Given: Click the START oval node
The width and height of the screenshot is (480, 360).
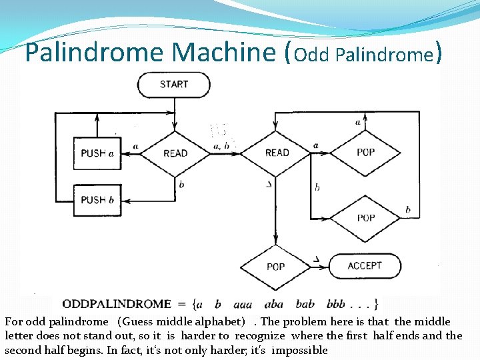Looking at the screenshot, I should tap(173, 85).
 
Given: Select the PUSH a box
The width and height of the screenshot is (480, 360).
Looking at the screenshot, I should tap(97, 153).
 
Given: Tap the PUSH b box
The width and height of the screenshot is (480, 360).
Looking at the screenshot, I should tap(97, 200).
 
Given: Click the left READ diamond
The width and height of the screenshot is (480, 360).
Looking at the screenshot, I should tap(175, 153).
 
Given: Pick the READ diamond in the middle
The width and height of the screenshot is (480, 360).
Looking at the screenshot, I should tap(277, 153).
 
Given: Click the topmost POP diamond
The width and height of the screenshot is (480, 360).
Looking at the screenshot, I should tap(365, 153).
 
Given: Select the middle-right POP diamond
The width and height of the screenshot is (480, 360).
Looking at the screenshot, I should tap(365, 218).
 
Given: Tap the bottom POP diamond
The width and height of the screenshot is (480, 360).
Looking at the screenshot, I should tap(275, 266).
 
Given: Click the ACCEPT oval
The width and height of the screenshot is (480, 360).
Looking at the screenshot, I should tap(365, 266).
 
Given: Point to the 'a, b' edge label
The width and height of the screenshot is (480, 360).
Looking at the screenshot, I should tap(221, 145).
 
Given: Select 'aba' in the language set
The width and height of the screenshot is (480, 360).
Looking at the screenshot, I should tap(274, 304).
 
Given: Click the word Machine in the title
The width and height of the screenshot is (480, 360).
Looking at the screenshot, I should tap(226, 52).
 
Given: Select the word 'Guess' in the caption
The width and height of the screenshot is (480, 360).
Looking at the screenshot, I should tap(137, 321).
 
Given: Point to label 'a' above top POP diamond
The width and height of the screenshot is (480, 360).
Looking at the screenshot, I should tap(358, 122).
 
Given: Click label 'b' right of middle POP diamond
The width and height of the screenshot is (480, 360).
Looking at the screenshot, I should tap(408, 210).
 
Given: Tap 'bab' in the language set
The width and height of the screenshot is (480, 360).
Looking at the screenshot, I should tap(303, 304).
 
